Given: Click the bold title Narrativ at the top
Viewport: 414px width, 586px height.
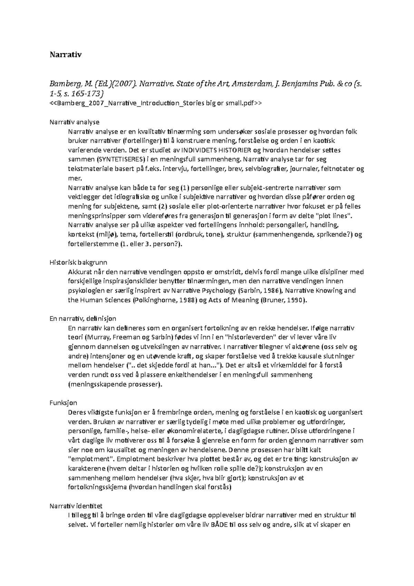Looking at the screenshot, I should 66,55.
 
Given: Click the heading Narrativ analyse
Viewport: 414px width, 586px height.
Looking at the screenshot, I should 75,122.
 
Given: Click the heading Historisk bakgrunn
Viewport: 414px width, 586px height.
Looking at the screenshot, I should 78,262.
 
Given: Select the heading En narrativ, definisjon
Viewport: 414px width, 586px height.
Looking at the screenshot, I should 83,318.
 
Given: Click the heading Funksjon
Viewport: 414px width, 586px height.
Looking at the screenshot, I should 63,402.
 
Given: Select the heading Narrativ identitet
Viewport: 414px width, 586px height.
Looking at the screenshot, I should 76,506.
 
